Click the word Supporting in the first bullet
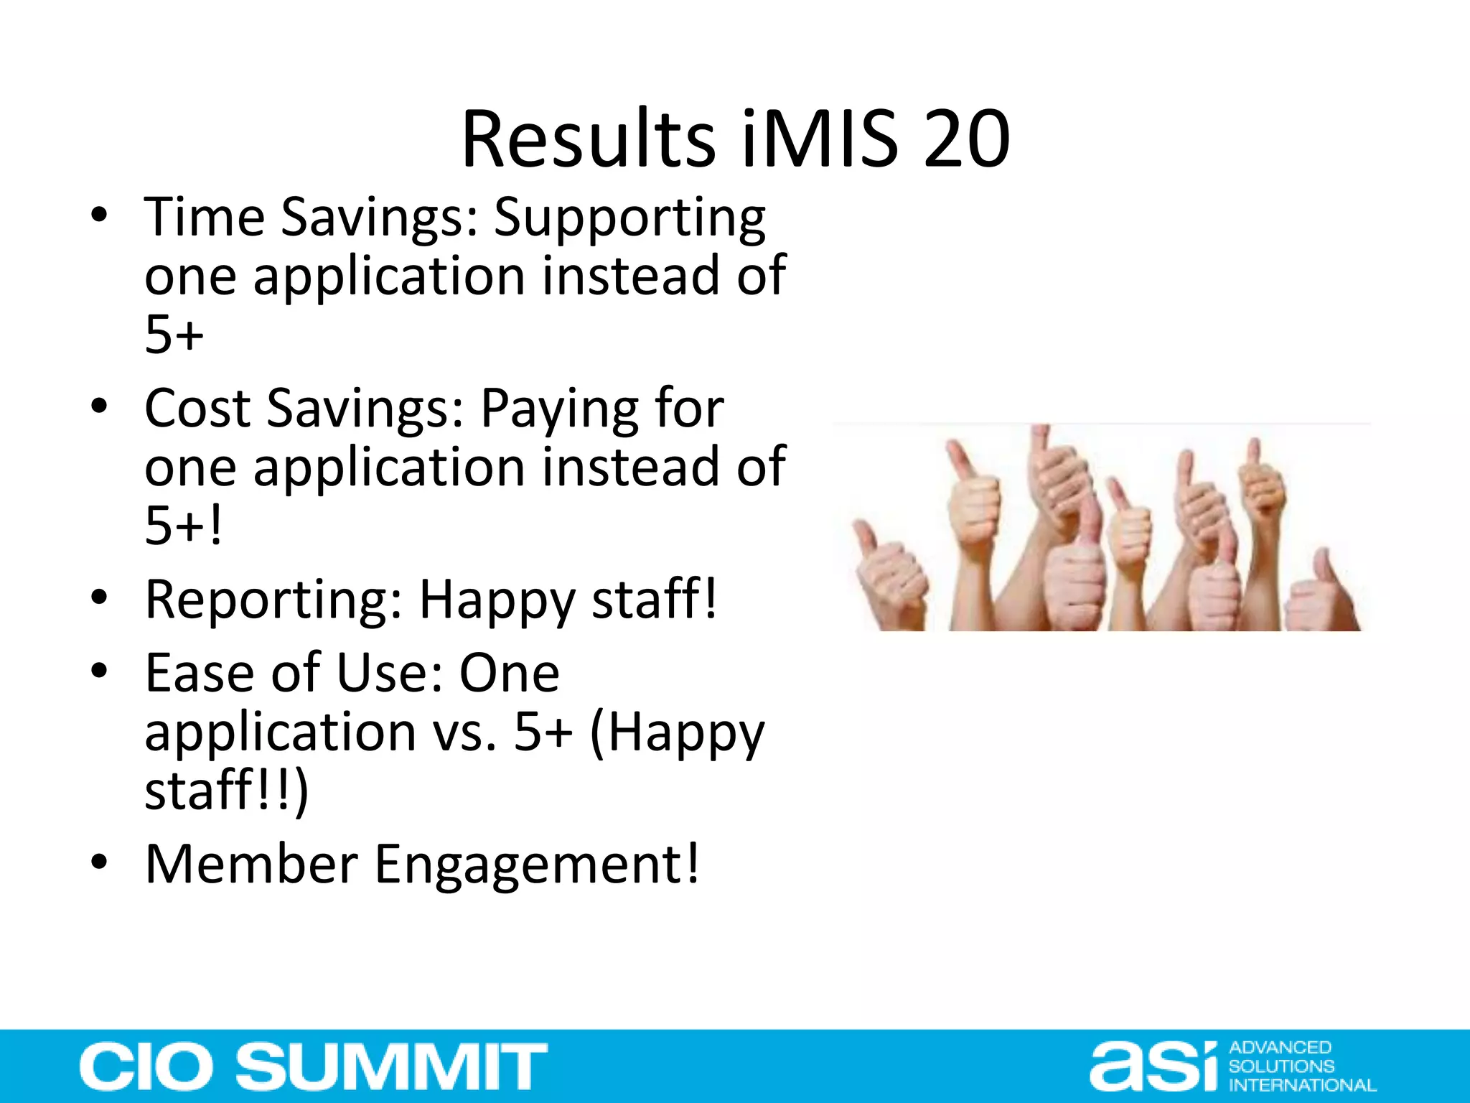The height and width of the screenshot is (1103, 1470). (629, 218)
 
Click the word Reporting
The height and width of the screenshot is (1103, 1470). (273, 601)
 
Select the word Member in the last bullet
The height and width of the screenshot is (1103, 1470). (251, 864)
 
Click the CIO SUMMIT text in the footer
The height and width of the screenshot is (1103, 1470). (314, 1066)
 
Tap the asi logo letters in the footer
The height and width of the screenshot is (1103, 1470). (1153, 1067)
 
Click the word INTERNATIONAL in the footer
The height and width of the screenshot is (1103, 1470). (1302, 1085)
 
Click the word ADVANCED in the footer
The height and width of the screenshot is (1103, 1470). (1281, 1048)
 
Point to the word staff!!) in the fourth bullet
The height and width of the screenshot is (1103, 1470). (226, 791)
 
